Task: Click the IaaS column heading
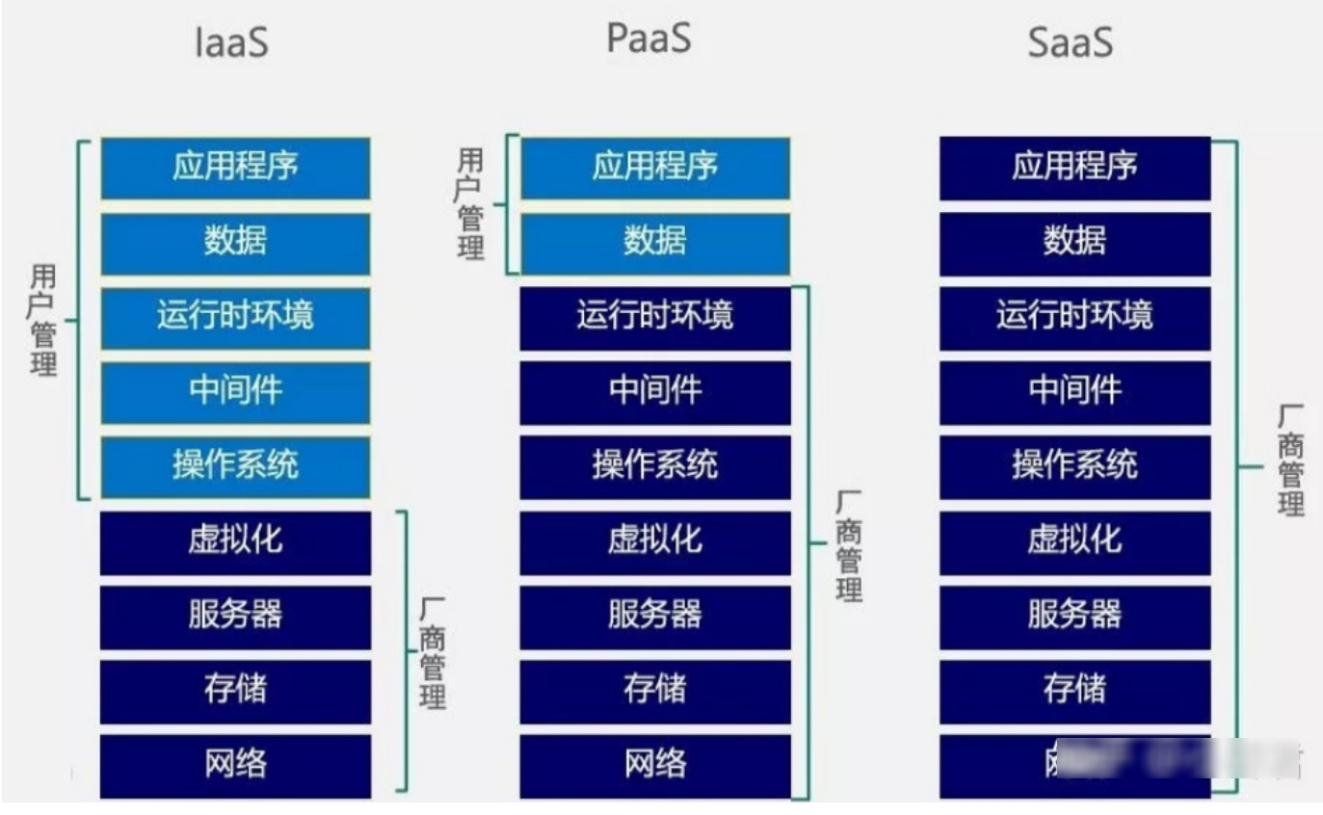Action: (x=231, y=43)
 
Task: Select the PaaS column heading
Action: (x=648, y=38)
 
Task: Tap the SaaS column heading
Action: (x=1071, y=43)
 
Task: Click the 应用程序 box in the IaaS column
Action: (x=235, y=168)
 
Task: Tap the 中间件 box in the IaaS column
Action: (x=235, y=391)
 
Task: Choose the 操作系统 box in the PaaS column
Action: (x=655, y=466)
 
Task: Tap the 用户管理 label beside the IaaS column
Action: (x=43, y=321)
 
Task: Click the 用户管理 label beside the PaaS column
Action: (x=470, y=204)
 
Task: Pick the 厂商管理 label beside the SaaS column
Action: (x=1291, y=460)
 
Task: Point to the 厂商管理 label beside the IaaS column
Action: (x=433, y=652)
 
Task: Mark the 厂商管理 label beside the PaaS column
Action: (x=848, y=545)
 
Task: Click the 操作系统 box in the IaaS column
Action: (x=235, y=466)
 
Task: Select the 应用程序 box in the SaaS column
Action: (x=1074, y=168)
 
